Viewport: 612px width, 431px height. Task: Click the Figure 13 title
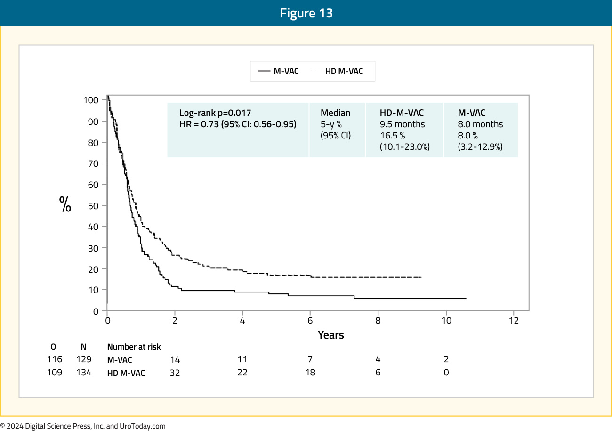click(306, 13)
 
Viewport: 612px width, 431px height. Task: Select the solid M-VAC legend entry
click(278, 71)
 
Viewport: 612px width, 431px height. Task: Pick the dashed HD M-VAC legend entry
click(336, 71)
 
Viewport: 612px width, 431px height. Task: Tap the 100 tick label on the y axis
click(91, 100)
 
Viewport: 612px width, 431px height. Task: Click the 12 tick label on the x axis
click(514, 320)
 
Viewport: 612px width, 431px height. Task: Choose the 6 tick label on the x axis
click(310, 320)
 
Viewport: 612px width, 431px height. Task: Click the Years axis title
click(331, 335)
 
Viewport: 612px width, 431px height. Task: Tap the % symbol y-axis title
click(65, 204)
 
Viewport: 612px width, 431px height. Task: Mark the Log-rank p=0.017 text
click(215, 113)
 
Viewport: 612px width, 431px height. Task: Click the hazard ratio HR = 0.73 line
click(238, 124)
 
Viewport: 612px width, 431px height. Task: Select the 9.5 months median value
click(402, 124)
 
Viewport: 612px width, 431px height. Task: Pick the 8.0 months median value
click(480, 124)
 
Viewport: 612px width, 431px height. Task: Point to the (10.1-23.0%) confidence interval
click(405, 147)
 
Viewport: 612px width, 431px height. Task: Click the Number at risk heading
click(134, 347)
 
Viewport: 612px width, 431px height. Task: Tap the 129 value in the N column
click(84, 359)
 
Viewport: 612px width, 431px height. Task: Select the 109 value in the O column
click(55, 372)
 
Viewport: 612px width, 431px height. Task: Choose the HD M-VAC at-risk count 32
click(175, 373)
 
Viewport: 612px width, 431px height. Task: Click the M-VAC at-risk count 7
click(310, 359)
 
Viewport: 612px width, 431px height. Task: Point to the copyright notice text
click(83, 426)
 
